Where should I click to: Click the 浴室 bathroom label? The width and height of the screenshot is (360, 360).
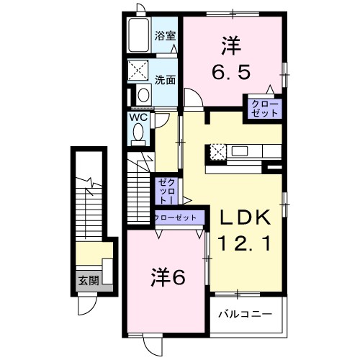click(165, 35)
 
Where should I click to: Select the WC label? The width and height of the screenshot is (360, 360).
click(139, 116)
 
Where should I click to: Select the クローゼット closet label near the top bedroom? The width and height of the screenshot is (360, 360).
click(264, 109)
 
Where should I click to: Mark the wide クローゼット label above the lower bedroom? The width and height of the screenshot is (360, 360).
click(176, 217)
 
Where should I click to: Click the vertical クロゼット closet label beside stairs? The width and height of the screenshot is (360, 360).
click(165, 192)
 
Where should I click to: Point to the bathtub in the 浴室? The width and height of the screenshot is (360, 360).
click(138, 36)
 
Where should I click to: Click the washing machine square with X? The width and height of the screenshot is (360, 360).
click(138, 71)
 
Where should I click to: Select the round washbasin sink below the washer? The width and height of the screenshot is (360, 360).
click(143, 94)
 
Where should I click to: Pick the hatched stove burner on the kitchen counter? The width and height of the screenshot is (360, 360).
click(218, 151)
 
